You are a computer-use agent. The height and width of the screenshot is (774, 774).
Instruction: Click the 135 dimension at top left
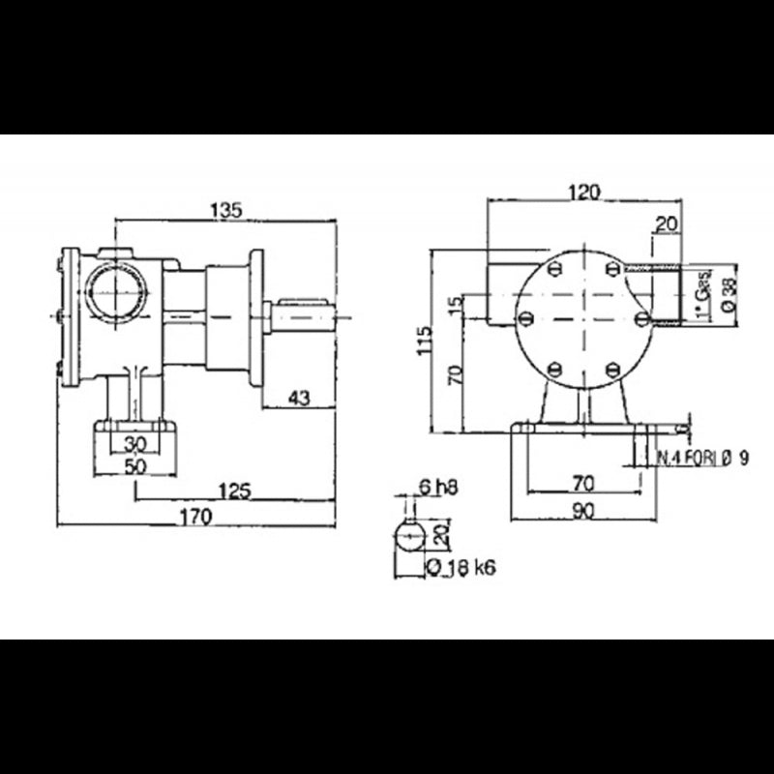[224, 208]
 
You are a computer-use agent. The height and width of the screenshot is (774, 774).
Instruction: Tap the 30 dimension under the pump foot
[136, 443]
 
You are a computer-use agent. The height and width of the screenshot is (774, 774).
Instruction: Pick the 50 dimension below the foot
[136, 465]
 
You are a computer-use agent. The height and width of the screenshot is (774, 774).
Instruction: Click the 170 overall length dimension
[195, 518]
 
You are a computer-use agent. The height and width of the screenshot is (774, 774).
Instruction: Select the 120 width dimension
[583, 193]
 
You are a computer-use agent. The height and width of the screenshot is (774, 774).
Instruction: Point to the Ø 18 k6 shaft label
[461, 568]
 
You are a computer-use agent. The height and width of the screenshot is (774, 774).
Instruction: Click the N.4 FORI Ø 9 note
[703, 459]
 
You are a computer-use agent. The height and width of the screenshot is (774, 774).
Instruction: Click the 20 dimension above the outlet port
[665, 224]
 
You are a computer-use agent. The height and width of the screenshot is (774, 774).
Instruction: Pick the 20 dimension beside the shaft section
[441, 535]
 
